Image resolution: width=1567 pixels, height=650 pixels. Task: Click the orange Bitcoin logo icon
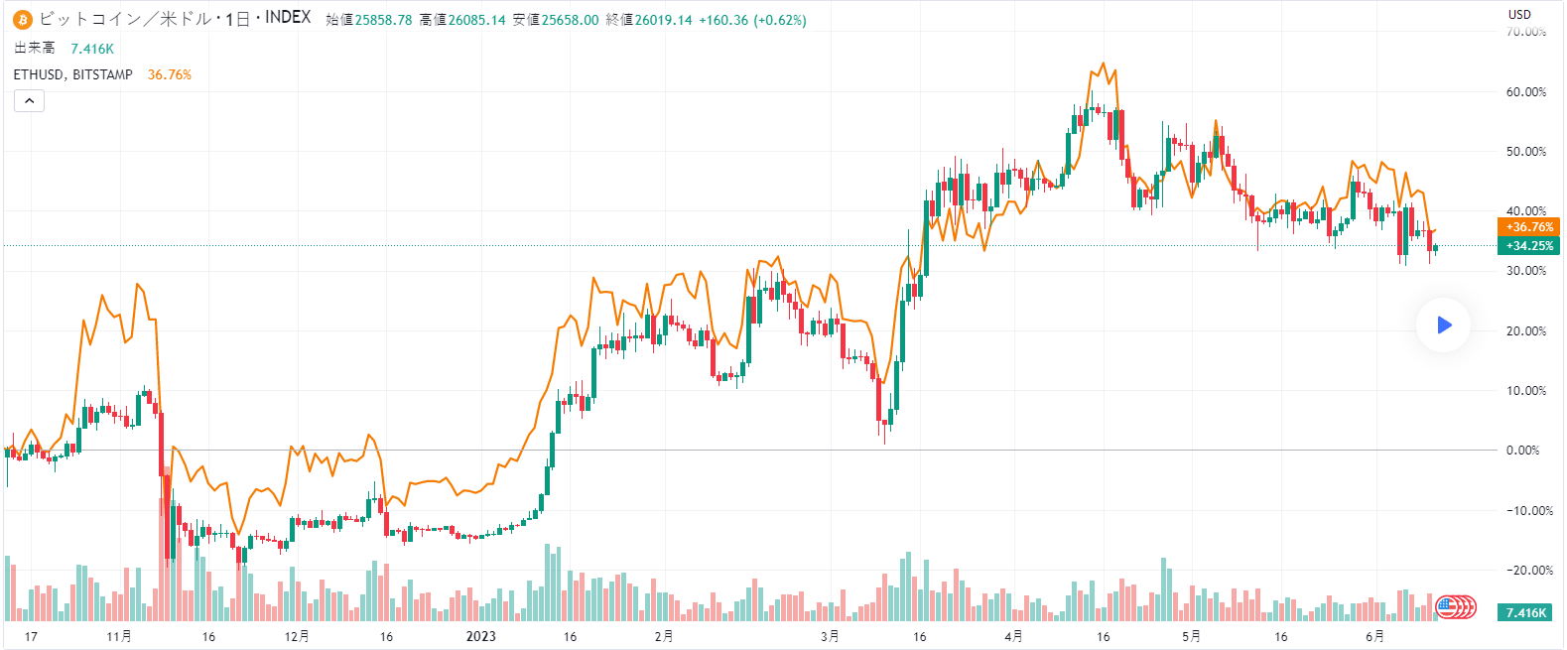point(22,19)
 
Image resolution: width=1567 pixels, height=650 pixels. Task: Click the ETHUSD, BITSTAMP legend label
point(73,74)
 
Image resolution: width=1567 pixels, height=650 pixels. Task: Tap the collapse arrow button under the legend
point(29,100)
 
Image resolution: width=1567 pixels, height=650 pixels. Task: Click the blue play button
point(1443,325)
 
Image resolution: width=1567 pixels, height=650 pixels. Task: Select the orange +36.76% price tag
point(1528,227)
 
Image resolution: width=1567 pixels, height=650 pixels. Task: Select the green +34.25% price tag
point(1528,246)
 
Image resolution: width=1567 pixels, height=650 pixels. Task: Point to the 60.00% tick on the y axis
point(1525,92)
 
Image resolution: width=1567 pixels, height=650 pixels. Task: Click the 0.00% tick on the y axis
point(1522,451)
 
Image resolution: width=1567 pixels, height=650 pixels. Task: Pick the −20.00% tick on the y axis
point(1525,571)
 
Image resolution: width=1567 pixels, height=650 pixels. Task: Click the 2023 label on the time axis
point(481,636)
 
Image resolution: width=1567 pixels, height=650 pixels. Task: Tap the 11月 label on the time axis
point(119,636)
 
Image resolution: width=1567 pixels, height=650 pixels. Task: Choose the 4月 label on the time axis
point(1013,636)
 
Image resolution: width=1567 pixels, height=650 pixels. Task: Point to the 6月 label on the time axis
point(1374,636)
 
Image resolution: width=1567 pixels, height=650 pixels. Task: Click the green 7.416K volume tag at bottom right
point(1525,612)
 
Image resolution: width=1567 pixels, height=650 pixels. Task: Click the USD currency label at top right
point(1519,14)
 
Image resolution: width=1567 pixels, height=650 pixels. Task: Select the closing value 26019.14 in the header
point(664,20)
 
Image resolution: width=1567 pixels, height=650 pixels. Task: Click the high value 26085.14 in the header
point(476,20)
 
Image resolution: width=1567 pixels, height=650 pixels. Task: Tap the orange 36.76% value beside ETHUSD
point(170,74)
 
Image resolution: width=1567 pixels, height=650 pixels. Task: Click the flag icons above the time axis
point(1456,606)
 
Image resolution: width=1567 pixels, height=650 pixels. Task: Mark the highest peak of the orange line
point(1104,64)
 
